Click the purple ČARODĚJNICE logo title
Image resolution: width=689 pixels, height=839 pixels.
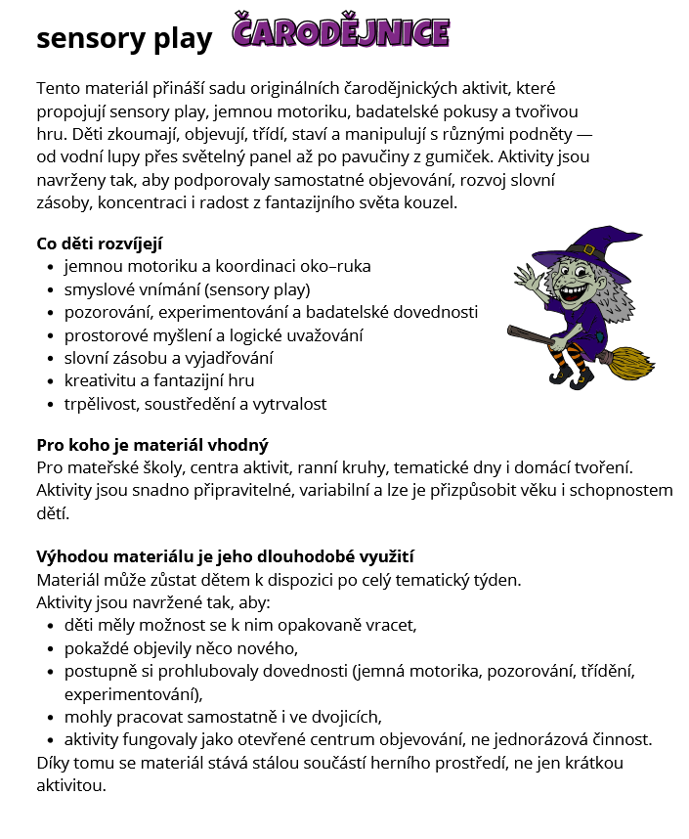point(341,32)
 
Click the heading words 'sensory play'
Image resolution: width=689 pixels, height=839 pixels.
point(124,38)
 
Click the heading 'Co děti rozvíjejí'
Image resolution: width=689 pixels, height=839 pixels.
point(106,243)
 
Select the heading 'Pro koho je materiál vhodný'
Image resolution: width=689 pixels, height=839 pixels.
point(152,444)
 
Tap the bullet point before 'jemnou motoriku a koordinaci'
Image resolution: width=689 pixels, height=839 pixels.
point(51,267)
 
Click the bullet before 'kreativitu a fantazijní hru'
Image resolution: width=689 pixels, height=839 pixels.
point(51,381)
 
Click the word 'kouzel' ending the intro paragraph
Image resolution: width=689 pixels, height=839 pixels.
point(432,202)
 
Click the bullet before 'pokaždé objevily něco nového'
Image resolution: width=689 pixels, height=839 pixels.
point(51,648)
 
